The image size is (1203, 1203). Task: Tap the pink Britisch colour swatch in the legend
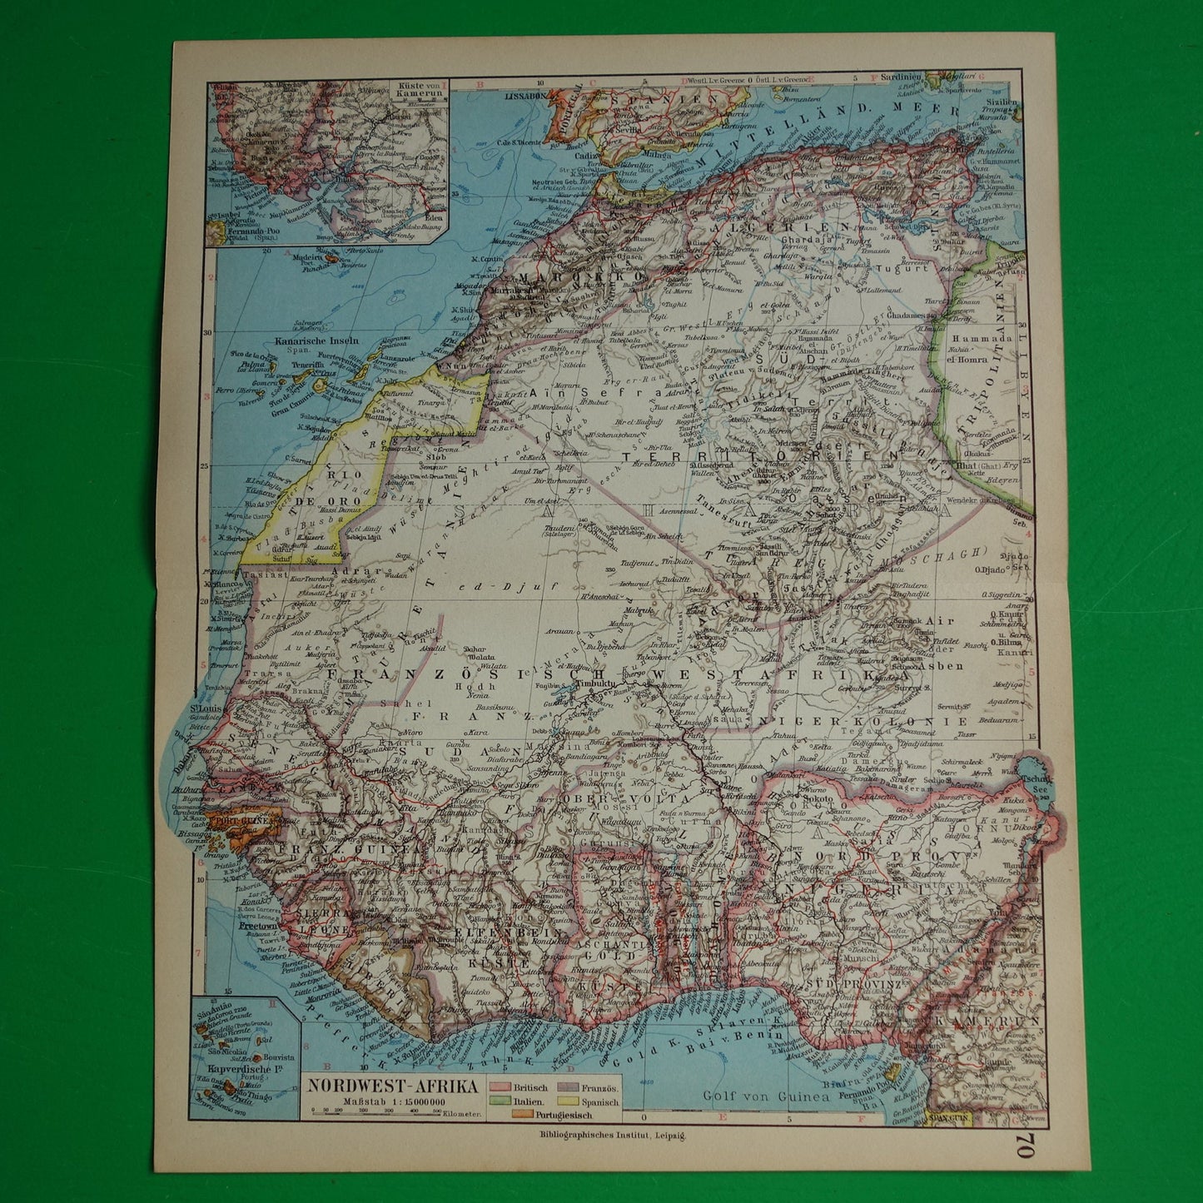(500, 1088)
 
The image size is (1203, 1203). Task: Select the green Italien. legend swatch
(500, 1101)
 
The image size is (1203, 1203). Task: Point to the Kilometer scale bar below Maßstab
(375, 1113)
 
